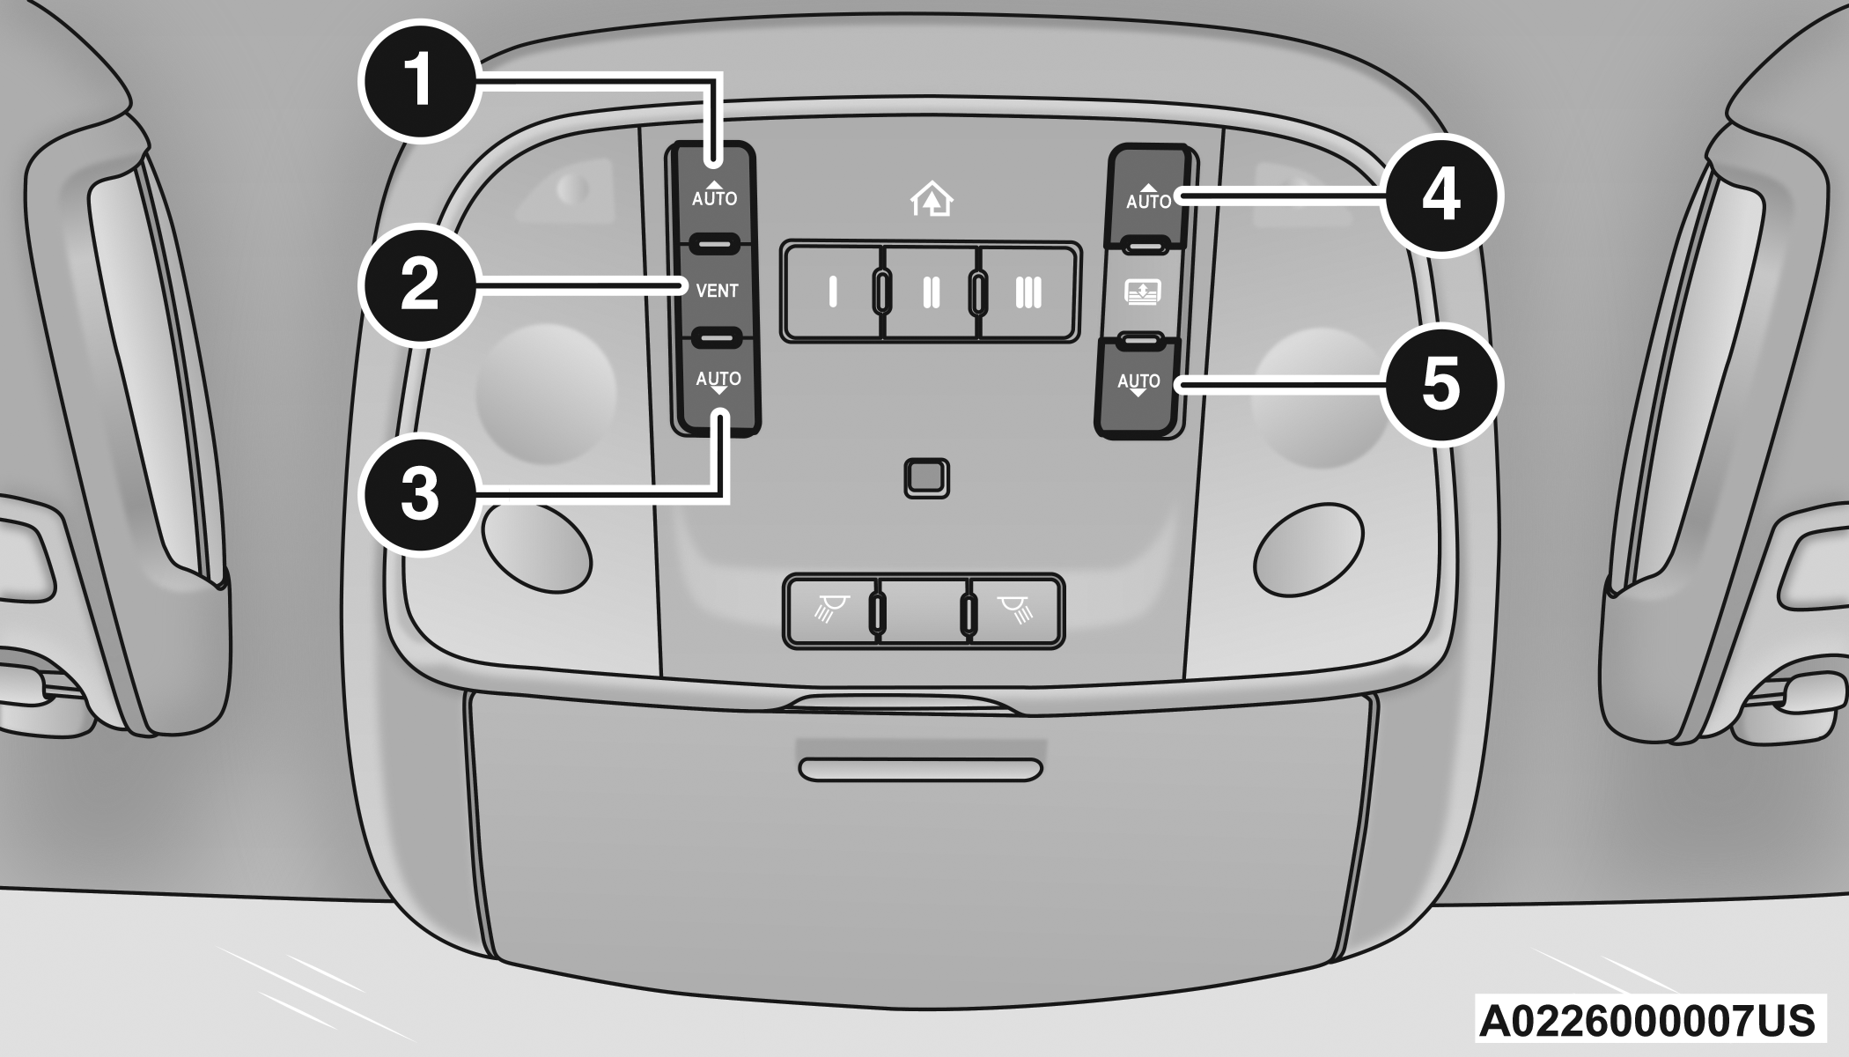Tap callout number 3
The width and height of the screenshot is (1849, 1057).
[420, 494]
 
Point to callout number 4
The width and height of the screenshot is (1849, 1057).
[1440, 196]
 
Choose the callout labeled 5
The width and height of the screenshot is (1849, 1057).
[1440, 384]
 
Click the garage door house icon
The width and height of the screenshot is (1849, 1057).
[932, 199]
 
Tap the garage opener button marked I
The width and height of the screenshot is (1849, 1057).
[832, 292]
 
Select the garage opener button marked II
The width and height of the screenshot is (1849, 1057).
[931, 292]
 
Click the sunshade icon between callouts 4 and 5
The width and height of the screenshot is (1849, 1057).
[1142, 292]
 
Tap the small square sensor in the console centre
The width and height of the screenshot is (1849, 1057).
[926, 478]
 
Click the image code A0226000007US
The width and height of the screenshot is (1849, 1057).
[1646, 1020]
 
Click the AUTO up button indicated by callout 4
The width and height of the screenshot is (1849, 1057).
[1149, 196]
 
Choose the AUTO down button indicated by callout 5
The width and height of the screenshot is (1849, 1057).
[1138, 386]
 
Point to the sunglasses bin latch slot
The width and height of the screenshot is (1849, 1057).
[921, 769]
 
